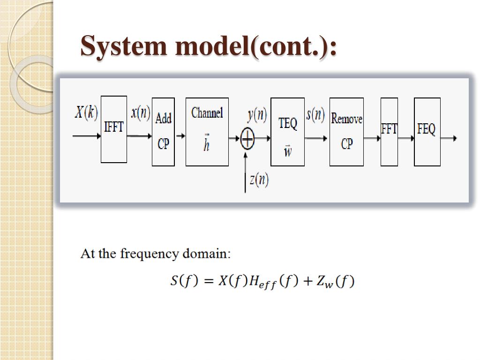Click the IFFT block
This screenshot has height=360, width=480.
tap(114, 129)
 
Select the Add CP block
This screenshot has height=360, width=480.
tap(163, 132)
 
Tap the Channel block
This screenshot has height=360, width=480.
tap(207, 132)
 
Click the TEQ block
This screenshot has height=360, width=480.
tap(287, 132)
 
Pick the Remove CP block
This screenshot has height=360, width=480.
tap(346, 132)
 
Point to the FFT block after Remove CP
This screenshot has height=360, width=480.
tap(389, 132)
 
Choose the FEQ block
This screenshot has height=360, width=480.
tap(427, 132)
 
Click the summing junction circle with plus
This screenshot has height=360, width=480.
tap(247, 138)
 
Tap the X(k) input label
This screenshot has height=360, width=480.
tap(86, 112)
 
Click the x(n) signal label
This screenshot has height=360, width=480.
tap(140, 112)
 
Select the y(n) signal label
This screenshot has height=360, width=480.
tap(257, 115)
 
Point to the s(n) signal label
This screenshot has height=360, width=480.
tap(315, 114)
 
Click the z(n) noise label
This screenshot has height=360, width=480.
tap(259, 180)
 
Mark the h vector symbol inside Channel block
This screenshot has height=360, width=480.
tap(206, 144)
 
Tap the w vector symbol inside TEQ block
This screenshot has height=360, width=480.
tap(287, 151)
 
